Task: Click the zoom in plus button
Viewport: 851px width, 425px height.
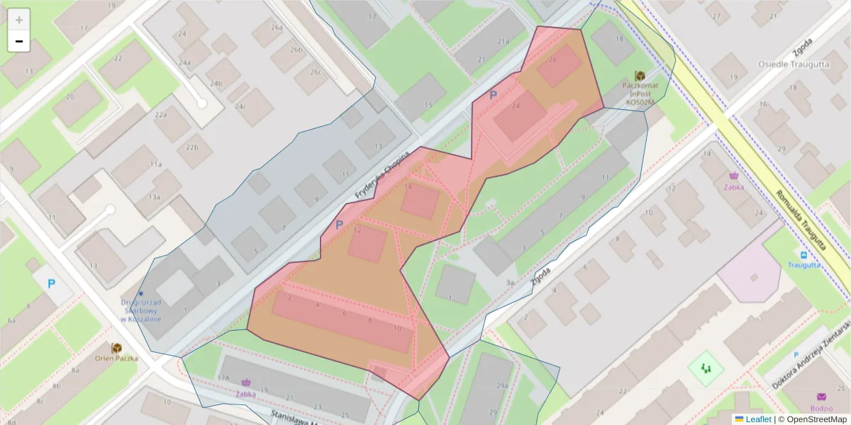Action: [19, 20]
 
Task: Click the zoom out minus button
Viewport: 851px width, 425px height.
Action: [19, 41]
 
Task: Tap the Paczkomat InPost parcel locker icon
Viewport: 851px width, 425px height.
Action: [640, 76]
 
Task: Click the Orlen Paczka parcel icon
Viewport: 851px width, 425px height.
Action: [116, 348]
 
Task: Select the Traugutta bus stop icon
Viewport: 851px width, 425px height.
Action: [803, 255]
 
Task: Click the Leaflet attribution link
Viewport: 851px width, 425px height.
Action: [757, 419]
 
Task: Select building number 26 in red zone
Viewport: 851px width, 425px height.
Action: [552, 60]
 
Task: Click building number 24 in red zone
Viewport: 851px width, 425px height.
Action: [516, 106]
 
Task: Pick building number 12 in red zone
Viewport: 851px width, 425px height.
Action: [358, 230]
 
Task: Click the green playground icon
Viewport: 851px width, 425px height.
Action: [705, 368]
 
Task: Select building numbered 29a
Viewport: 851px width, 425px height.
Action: [502, 385]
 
